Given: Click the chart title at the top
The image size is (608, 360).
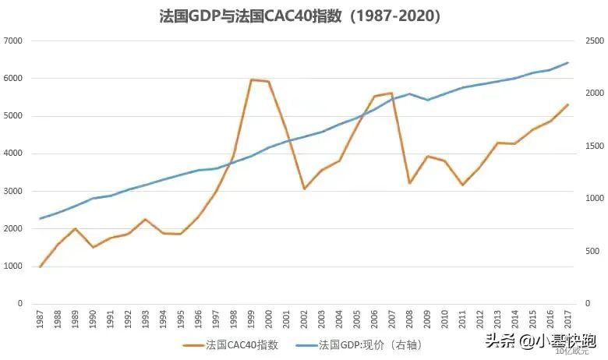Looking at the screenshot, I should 305,16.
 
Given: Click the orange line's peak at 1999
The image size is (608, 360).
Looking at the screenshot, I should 251,79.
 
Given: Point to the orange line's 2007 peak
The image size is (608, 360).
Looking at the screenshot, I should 391,94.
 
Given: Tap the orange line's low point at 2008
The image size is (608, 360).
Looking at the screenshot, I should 409,183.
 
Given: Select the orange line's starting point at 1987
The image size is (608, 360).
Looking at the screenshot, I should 41,266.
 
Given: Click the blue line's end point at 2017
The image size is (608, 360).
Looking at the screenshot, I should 567,62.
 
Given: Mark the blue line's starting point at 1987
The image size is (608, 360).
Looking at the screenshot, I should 41,218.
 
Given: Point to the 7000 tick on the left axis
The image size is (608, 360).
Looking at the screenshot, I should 14,41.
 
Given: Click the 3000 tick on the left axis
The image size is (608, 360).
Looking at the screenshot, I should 14,191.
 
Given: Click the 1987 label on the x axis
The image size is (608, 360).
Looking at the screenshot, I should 41,317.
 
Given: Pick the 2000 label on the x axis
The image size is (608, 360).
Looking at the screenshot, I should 269,317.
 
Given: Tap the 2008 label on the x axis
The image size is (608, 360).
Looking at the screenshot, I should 409,317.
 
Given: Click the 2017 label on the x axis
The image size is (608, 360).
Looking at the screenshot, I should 567,317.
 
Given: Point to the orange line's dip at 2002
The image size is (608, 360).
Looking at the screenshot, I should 304,189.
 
